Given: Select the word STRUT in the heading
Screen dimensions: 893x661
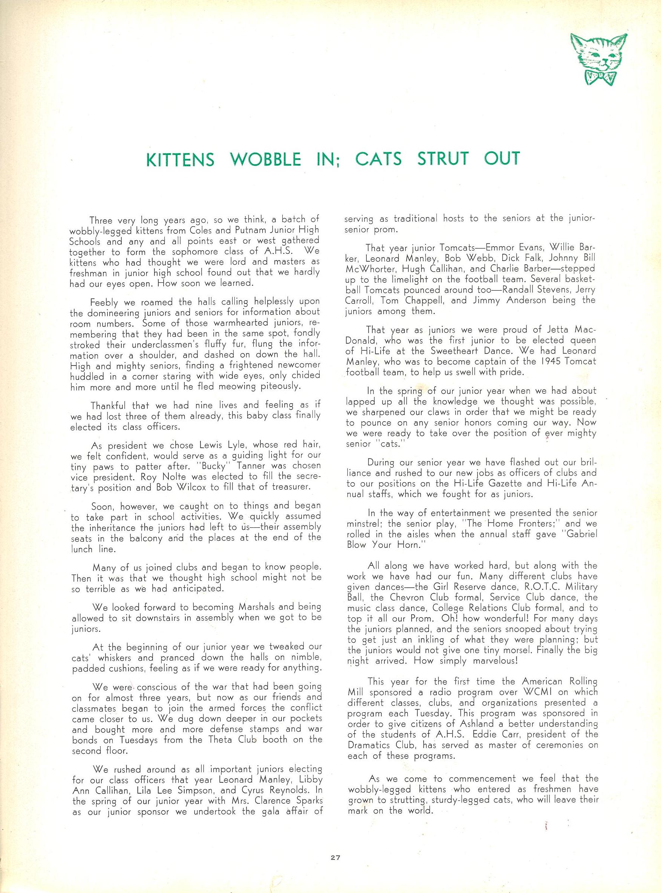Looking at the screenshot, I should pos(443,159).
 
